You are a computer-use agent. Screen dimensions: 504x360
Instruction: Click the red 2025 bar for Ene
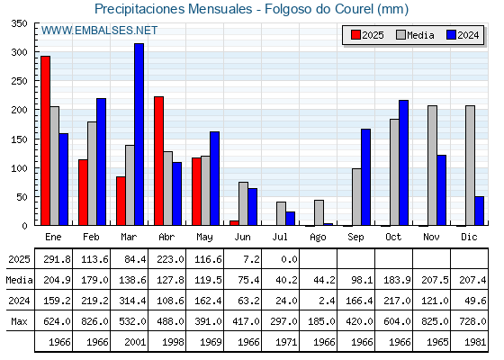point(45,140)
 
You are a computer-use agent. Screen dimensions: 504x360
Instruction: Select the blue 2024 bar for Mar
point(139,134)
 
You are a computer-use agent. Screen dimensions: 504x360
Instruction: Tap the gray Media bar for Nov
point(432,166)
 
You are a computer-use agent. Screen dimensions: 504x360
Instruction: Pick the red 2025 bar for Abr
point(158,161)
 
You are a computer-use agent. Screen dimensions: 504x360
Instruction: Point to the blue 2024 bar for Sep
point(365,177)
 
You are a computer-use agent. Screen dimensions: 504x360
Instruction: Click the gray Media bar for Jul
point(281,213)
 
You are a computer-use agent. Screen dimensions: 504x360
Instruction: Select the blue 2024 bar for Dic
point(479,211)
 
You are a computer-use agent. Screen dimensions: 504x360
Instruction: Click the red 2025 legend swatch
point(355,35)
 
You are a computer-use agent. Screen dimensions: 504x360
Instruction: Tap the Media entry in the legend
point(415,35)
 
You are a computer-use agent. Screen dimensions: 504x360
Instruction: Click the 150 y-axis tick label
point(20,139)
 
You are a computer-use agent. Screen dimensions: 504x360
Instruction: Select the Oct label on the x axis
point(393,237)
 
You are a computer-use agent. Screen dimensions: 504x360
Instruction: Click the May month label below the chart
point(204,238)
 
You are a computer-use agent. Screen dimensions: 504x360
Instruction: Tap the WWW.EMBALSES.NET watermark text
point(99,31)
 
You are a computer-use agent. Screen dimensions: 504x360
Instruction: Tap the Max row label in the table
point(19,321)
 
